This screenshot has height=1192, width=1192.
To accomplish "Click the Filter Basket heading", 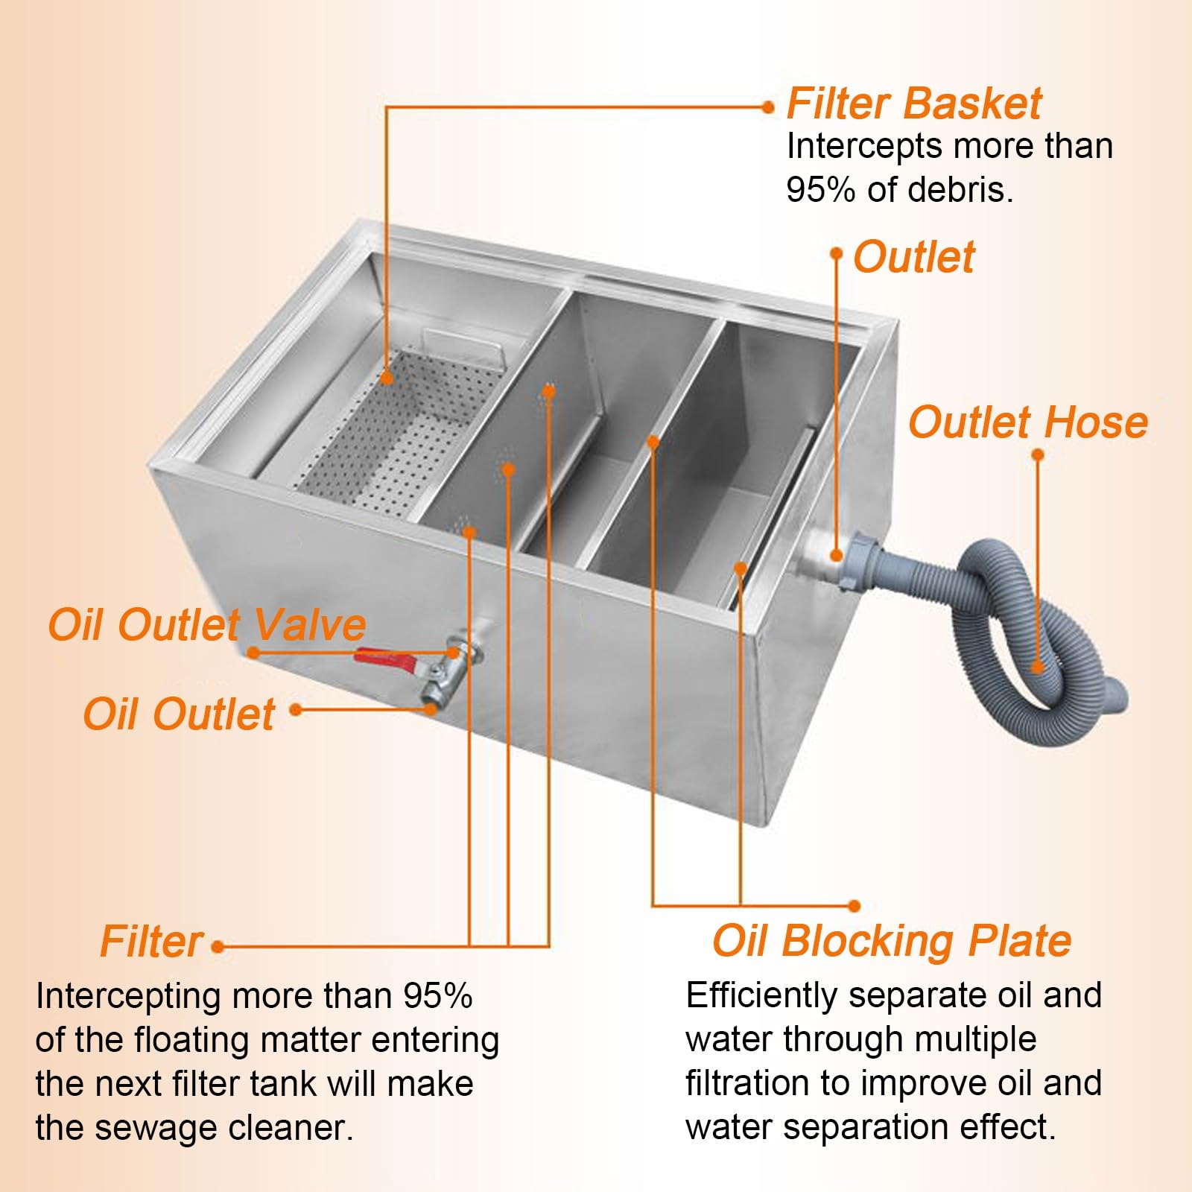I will [913, 104].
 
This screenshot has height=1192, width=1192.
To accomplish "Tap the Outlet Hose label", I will [1027, 422].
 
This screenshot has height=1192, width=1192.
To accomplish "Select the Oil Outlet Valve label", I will [206, 624].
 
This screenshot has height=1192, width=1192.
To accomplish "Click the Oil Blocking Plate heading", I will [891, 941].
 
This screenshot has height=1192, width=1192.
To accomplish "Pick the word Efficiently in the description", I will [761, 995].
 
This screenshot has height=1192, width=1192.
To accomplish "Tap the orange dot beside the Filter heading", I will [218, 947].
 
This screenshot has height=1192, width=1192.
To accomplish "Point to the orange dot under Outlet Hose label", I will [1038, 455].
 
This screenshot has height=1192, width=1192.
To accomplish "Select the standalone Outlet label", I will [913, 257].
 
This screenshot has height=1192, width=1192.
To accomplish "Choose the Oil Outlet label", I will [179, 714].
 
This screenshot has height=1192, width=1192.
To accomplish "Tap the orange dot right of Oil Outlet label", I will [296, 710].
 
